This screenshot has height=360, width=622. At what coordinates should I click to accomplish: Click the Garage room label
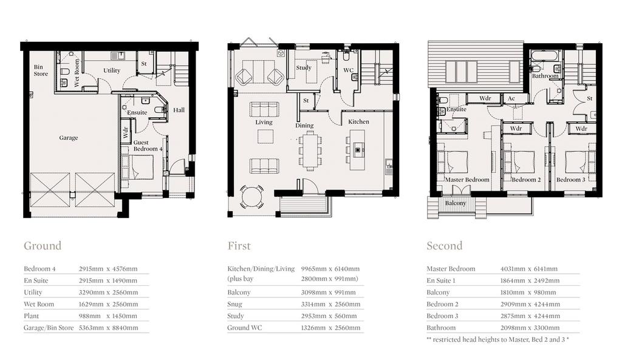[69, 138]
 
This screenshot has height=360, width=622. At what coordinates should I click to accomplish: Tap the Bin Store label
[41, 70]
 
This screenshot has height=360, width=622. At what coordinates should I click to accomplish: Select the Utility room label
[112, 70]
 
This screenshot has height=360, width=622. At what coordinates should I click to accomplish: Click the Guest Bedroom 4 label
[148, 146]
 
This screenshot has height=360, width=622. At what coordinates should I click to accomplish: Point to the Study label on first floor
[304, 68]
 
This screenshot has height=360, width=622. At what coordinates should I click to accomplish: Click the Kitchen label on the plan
[358, 121]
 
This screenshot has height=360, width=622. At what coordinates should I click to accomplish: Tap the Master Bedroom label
[467, 180]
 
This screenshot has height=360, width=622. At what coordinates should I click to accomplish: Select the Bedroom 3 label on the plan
[570, 180]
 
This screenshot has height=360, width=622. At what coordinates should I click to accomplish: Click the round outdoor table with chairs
[251, 197]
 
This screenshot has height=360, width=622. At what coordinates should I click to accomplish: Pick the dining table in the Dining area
[310, 151]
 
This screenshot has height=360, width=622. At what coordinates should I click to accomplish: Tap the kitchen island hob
[358, 150]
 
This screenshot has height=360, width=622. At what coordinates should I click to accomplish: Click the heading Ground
[43, 246]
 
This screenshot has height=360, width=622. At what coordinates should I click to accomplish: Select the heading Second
[444, 246]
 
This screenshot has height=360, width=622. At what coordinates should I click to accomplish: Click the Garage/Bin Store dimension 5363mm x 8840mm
[108, 328]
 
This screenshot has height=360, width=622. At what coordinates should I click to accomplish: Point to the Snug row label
[234, 305]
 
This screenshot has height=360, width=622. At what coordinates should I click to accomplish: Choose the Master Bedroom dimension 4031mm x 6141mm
[529, 269]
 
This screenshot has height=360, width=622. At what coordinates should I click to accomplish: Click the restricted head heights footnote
[498, 340]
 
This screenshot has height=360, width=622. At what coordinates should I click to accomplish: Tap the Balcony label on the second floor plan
[456, 203]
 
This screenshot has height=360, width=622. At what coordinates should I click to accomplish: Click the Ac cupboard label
[511, 98]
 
